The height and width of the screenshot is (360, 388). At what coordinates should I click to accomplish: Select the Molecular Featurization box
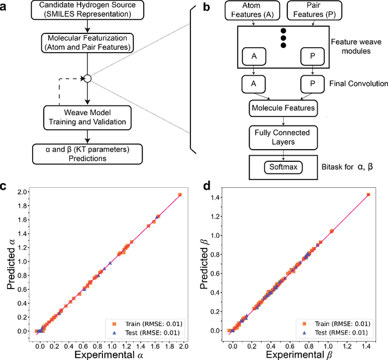click(87, 42)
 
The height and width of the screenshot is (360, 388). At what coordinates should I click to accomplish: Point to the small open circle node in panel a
click(87, 78)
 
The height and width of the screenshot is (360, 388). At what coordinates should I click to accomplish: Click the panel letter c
click(5, 188)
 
